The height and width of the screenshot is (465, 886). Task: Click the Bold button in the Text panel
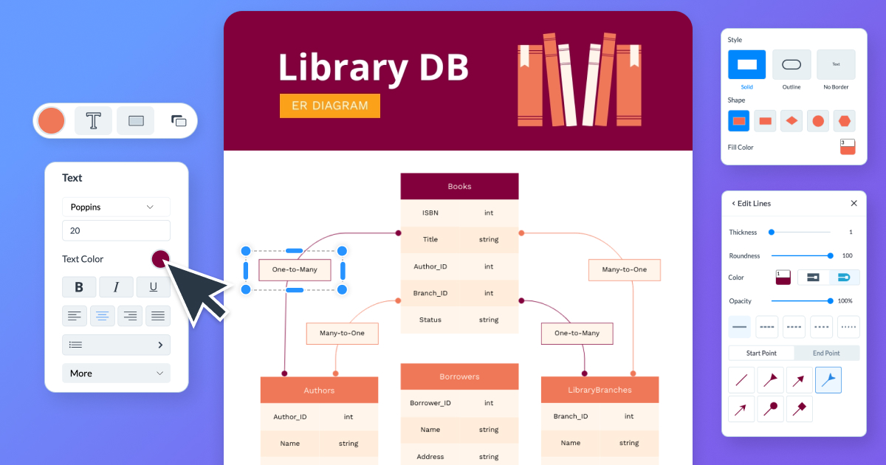click(x=79, y=287)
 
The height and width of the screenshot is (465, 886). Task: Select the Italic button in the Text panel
click(x=116, y=287)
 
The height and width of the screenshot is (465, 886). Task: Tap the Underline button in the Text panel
click(x=153, y=287)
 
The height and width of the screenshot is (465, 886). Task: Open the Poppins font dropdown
click(x=116, y=207)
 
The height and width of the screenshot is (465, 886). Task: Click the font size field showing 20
click(x=116, y=230)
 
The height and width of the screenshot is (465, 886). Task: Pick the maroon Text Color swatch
click(x=160, y=259)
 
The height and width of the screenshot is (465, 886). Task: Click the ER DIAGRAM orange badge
click(x=329, y=106)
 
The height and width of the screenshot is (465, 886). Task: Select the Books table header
click(x=459, y=186)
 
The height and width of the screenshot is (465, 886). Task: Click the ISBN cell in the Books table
click(x=430, y=213)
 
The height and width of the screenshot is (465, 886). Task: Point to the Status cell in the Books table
click(x=430, y=320)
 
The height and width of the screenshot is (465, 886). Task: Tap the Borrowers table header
click(x=459, y=376)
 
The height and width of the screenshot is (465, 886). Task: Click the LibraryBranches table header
click(x=600, y=390)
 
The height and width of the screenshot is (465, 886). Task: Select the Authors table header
click(x=319, y=390)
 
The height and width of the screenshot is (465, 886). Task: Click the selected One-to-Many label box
click(x=295, y=269)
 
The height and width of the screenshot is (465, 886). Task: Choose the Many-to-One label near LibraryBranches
click(x=624, y=269)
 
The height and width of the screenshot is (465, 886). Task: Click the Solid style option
click(x=747, y=65)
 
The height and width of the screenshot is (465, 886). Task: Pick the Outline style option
click(x=791, y=65)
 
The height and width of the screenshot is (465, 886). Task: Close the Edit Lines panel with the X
click(x=854, y=203)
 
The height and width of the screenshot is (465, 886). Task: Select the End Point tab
click(x=827, y=353)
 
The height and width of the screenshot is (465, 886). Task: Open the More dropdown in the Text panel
click(x=116, y=373)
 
